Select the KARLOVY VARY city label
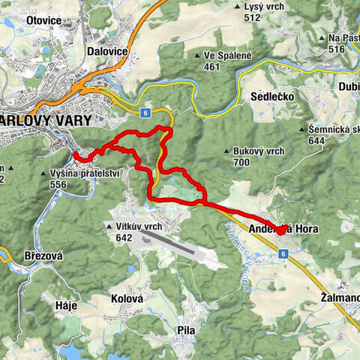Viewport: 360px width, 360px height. coord(46,120)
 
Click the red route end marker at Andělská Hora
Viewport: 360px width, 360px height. coord(280,230)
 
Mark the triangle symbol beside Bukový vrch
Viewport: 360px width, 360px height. coord(226,152)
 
